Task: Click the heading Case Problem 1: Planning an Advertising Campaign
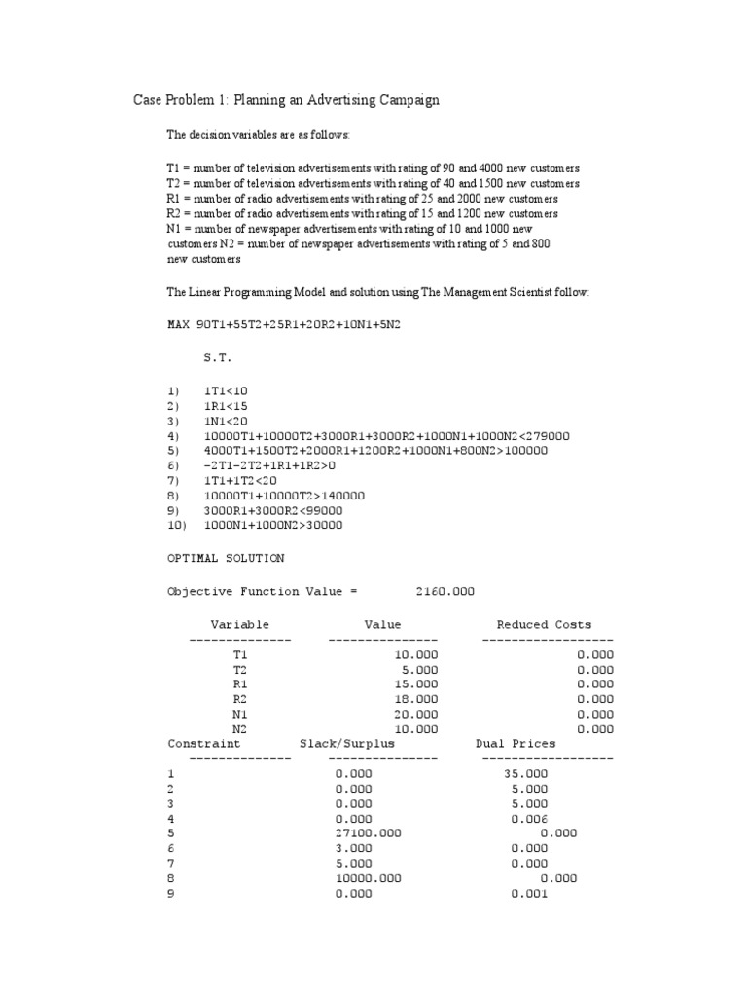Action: pyautogui.click(x=286, y=100)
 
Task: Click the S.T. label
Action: pyautogui.click(x=218, y=358)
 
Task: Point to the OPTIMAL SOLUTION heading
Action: pyautogui.click(x=226, y=558)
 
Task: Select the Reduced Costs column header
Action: pyautogui.click(x=544, y=624)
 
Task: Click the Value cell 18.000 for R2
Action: pyautogui.click(x=416, y=698)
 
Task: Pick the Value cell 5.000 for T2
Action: pyautogui.click(x=420, y=669)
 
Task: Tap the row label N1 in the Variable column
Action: pyautogui.click(x=239, y=713)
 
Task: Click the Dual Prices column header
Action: pyautogui.click(x=516, y=743)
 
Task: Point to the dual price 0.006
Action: pyautogui.click(x=528, y=818)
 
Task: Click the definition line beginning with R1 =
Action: pyautogui.click(x=362, y=199)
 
